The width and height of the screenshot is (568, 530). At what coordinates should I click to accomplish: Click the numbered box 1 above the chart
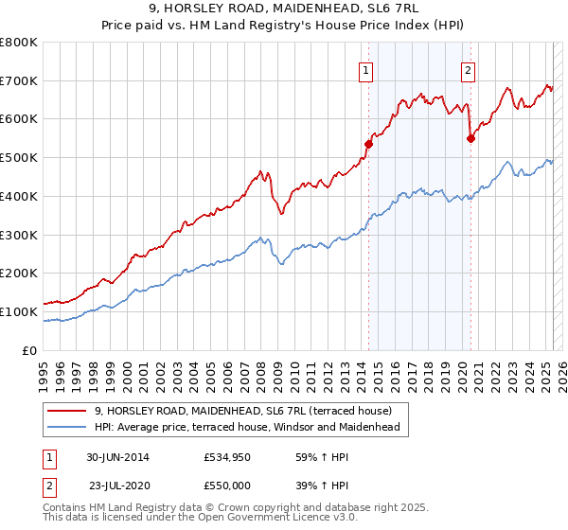pyautogui.click(x=365, y=68)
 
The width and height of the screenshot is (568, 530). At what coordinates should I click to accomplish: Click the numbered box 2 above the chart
pyautogui.click(x=468, y=68)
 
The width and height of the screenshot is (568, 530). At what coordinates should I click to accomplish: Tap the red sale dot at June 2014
pyautogui.click(x=369, y=144)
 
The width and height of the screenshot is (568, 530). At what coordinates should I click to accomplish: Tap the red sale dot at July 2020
pyautogui.click(x=470, y=138)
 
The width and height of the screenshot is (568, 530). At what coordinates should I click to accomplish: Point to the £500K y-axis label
pyautogui.click(x=18, y=158)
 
